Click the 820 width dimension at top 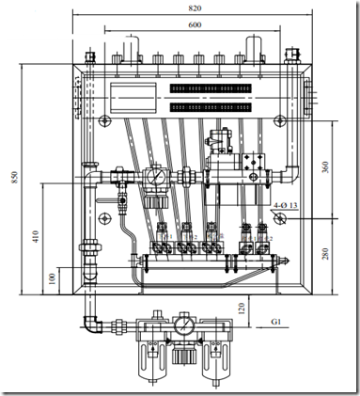click(194, 7)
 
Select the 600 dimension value click(194, 24)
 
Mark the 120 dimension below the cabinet click(242, 306)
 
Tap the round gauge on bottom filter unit click(185, 326)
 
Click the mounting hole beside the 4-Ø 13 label click(280, 215)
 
